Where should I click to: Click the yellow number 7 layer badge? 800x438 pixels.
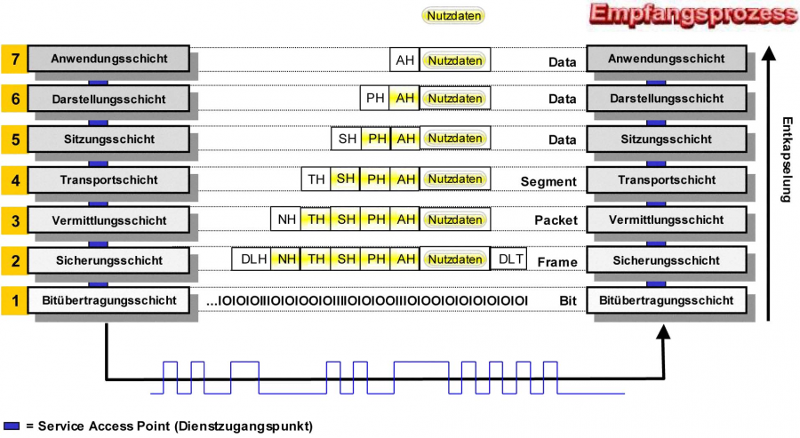point(13,60)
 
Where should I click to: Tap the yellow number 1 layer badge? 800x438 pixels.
point(13,300)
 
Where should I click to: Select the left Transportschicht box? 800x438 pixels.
point(108,179)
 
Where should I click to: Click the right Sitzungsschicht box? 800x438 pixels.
point(673,139)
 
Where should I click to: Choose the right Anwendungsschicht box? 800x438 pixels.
point(673,60)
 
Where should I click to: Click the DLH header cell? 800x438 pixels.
point(250,259)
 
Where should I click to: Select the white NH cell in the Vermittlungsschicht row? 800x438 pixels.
point(286,219)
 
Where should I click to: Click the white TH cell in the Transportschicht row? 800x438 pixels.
point(316,179)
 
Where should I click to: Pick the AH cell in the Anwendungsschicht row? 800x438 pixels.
point(405,60)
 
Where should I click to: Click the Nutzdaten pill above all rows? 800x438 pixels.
point(454,15)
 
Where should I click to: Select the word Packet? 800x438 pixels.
point(556,220)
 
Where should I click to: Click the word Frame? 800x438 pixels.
point(557,262)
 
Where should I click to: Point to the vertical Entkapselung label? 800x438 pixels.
point(785,160)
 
